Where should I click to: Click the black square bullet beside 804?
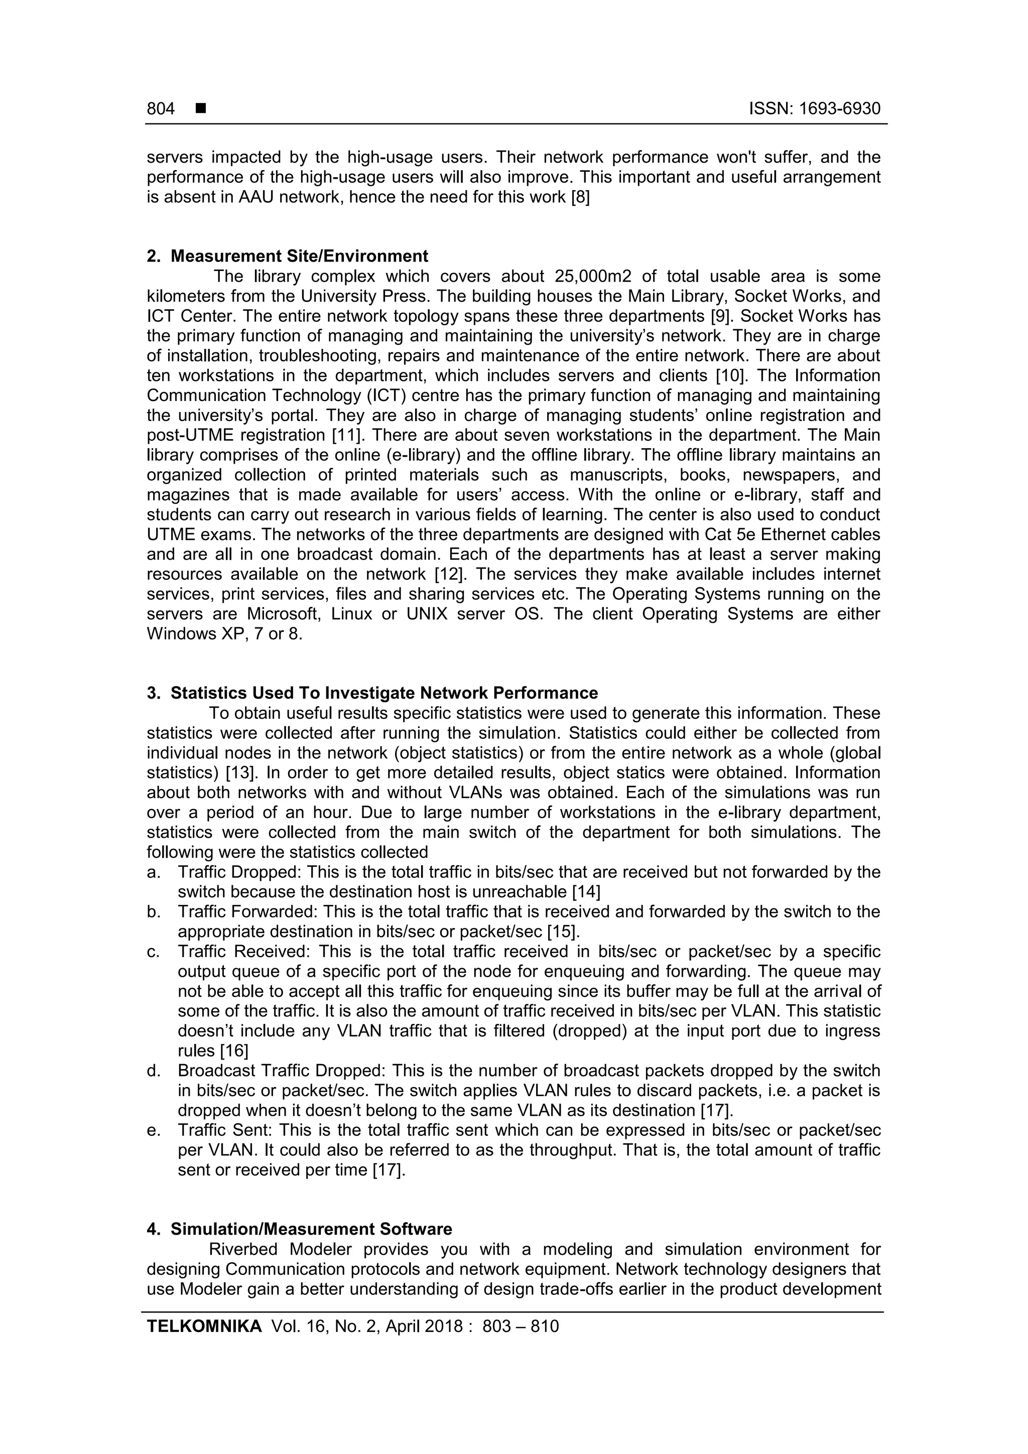coord(201,109)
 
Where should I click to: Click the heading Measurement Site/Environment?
coord(299,256)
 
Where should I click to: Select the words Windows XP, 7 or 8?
coord(224,634)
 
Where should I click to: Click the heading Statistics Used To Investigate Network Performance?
coord(384,693)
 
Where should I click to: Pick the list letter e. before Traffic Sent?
coord(153,1130)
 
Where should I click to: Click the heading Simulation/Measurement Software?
coord(311,1229)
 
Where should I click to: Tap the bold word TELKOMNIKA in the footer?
coord(204,1327)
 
